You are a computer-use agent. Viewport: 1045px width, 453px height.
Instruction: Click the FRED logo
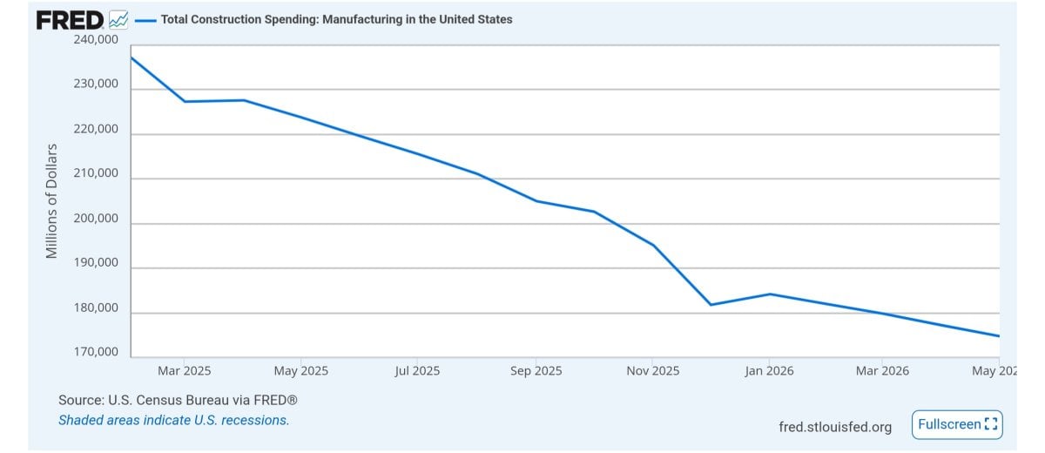click(x=70, y=20)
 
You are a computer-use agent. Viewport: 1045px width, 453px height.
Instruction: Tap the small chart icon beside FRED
click(x=118, y=20)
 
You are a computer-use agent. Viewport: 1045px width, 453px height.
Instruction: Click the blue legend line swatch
click(x=145, y=21)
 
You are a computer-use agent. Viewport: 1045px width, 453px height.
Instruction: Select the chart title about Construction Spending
click(x=336, y=19)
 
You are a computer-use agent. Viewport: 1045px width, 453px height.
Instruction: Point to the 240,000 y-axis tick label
click(x=96, y=39)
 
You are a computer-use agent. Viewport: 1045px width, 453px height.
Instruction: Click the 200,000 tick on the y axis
click(x=96, y=219)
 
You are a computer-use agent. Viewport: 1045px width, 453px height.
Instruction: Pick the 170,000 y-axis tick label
click(x=96, y=351)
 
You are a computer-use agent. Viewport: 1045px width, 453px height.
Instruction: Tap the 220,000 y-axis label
click(x=96, y=129)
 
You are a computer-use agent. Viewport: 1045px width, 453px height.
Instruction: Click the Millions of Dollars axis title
click(x=51, y=201)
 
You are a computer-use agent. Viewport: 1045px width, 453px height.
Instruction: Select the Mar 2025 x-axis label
click(x=185, y=371)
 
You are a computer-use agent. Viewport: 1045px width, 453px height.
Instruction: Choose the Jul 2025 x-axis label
click(x=417, y=371)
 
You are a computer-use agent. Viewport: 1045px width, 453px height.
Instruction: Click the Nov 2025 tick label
click(x=652, y=371)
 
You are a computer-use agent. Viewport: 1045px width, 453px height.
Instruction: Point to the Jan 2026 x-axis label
click(x=769, y=371)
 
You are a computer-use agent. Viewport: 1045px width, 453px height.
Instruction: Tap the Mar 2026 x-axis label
click(x=882, y=371)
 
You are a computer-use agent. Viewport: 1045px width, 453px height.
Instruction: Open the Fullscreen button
click(x=957, y=424)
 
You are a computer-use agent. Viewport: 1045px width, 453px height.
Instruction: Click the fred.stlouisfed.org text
click(x=835, y=427)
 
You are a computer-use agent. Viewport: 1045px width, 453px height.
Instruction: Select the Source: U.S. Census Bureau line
click(x=178, y=400)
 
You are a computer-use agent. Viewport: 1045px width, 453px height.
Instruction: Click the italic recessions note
click(x=173, y=421)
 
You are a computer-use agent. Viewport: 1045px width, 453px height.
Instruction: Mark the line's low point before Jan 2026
click(x=711, y=305)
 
